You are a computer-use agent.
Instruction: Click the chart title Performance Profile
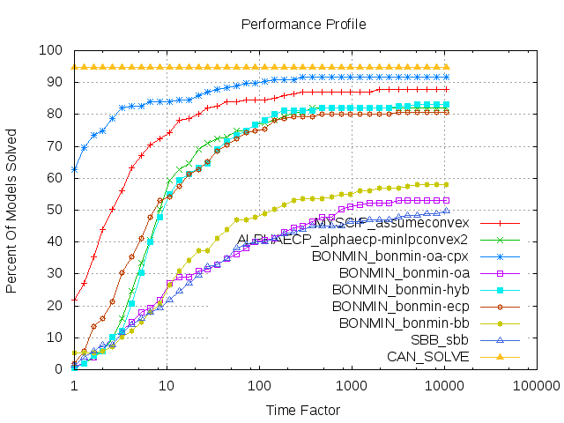303,25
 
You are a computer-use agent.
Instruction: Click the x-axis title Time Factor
303,410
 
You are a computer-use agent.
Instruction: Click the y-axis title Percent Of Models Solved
12,210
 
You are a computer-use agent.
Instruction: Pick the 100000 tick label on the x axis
536,386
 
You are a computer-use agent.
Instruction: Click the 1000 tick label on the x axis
352,386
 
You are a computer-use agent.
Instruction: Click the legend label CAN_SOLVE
427,357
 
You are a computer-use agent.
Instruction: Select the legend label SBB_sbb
440,340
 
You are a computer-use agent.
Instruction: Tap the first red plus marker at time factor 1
74,299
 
